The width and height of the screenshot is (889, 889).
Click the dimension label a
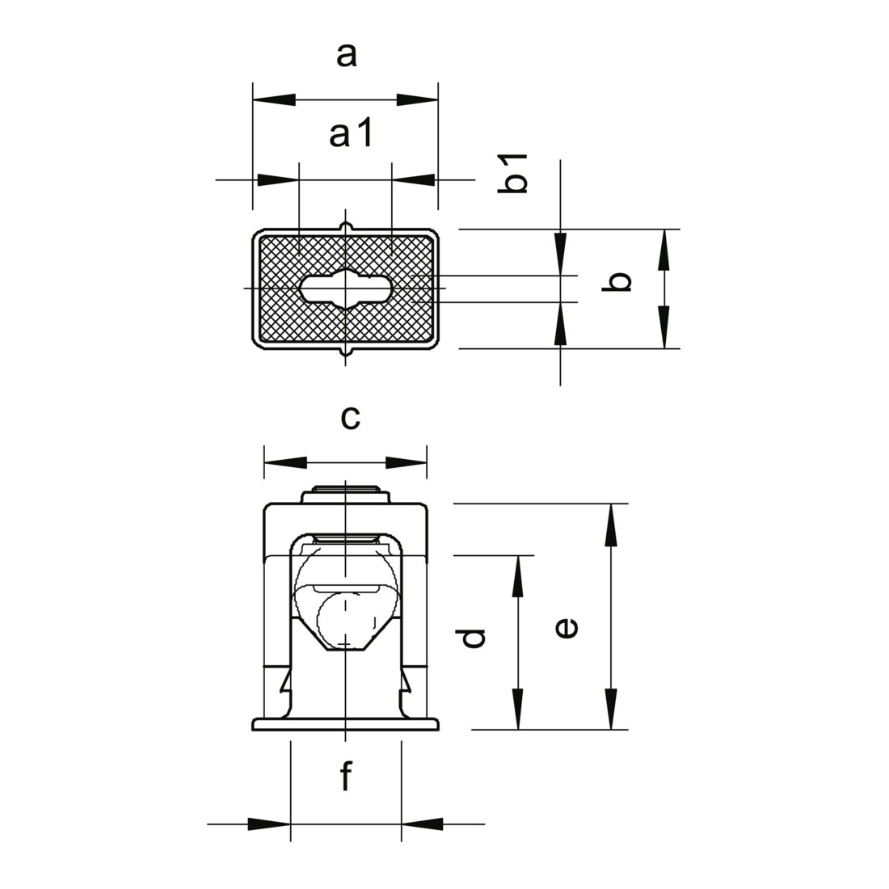(347, 56)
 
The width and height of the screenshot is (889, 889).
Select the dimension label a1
(351, 134)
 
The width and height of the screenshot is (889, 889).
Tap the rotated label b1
(512, 173)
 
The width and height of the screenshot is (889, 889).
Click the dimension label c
(351, 418)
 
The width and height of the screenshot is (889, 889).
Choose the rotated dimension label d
(471, 638)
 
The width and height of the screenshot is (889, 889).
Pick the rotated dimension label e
(567, 628)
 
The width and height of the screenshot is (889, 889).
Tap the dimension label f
(346, 775)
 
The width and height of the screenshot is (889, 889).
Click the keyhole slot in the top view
(345, 289)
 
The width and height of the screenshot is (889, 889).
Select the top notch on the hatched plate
(346, 227)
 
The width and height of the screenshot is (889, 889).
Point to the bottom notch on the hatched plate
(346, 352)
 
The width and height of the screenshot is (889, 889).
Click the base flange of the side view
(345, 724)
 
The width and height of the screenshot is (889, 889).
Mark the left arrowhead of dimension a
(274, 100)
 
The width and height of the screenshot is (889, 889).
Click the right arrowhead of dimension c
(406, 462)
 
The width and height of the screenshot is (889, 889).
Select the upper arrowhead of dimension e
(611, 525)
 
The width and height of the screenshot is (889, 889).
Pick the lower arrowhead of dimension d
(517, 709)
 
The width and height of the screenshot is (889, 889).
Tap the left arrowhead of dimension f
(269, 824)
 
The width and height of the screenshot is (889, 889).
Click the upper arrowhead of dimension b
(664, 250)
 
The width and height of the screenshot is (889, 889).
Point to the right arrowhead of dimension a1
(413, 180)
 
